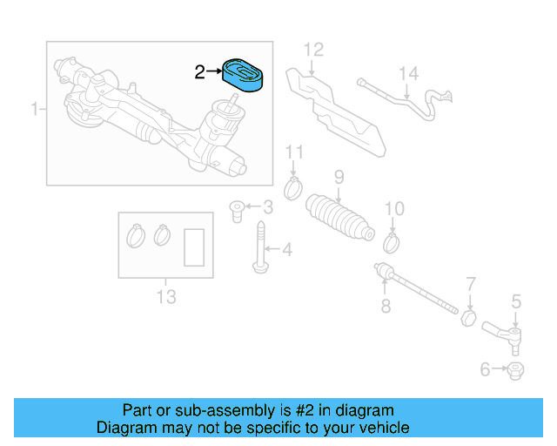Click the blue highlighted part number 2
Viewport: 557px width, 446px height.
(x=245, y=74)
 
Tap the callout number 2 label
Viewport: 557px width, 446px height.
(x=199, y=73)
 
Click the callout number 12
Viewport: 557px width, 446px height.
(x=312, y=49)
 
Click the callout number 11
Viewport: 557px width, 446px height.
(x=295, y=154)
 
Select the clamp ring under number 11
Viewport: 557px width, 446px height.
(x=295, y=186)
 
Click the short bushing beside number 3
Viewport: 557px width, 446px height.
(x=236, y=209)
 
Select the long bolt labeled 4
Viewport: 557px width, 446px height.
(x=261, y=247)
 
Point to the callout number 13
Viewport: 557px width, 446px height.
(x=165, y=296)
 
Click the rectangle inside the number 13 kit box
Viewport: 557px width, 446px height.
(x=195, y=247)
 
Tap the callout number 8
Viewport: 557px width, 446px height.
(x=386, y=306)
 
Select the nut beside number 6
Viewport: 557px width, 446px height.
(x=515, y=370)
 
